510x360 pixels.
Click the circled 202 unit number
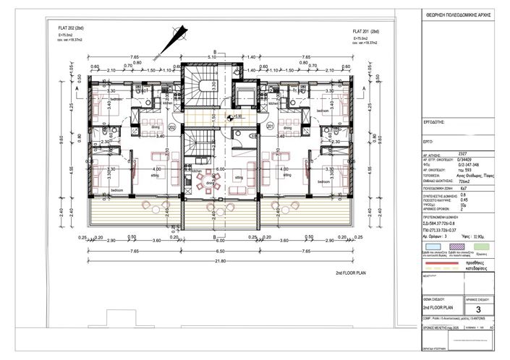click(172, 127)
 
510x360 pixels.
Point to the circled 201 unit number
click(271, 127)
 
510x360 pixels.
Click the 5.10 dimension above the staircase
click(213, 56)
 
